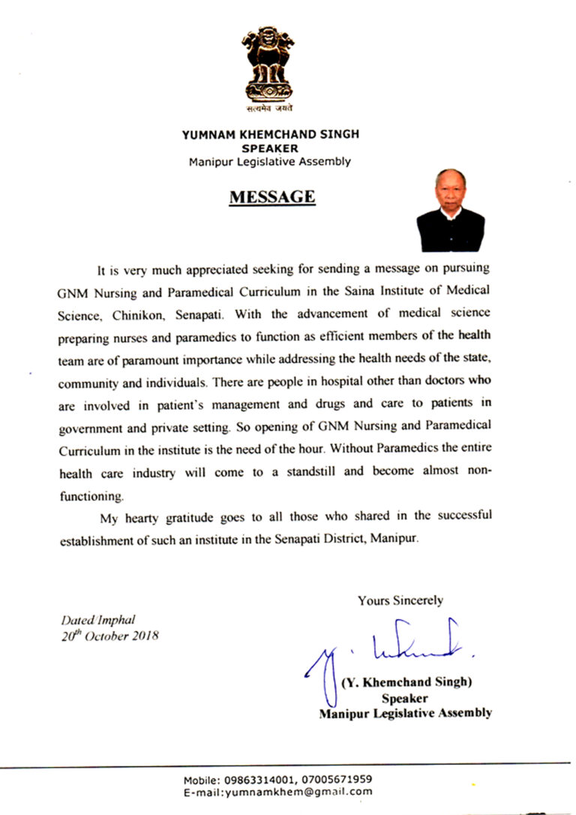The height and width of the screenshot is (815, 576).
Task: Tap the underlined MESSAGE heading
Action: [271, 197]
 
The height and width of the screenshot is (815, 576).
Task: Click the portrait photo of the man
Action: [451, 211]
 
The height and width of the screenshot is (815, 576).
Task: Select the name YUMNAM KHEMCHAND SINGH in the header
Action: [271, 134]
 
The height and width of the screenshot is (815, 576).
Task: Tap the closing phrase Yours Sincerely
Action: [400, 600]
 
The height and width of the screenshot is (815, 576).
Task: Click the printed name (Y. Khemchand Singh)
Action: [406, 683]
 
